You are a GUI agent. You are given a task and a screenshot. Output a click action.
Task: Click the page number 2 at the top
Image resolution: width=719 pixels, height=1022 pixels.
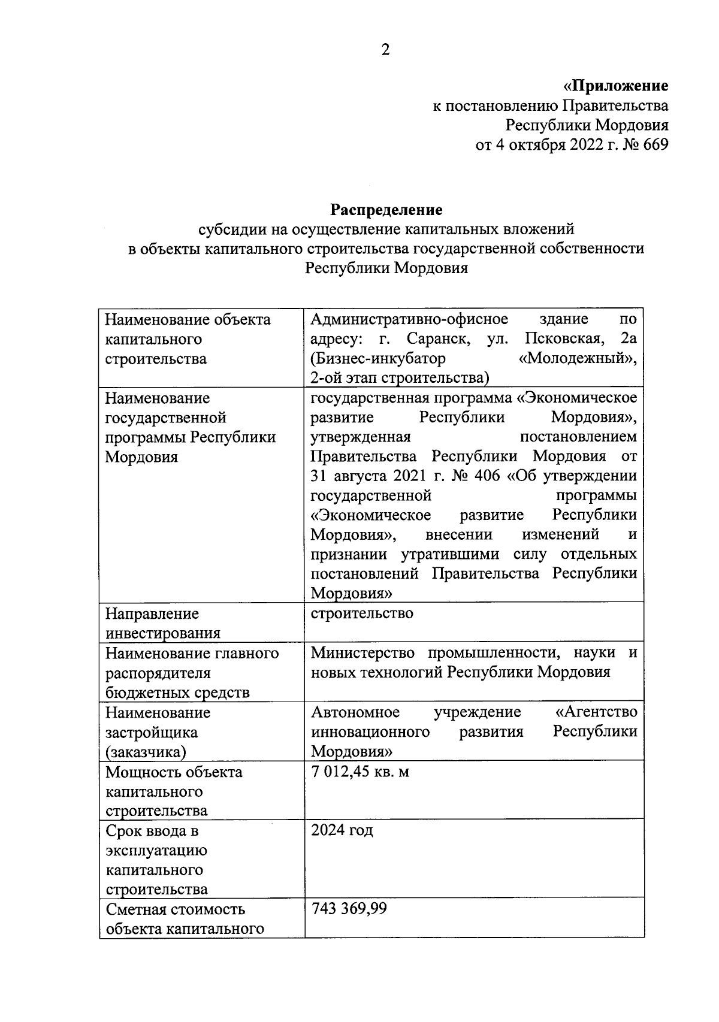[x=385, y=50]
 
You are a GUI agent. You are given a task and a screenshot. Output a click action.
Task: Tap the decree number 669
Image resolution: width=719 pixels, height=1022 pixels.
[x=655, y=145]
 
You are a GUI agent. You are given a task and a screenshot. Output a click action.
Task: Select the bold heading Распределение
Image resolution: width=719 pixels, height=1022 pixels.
[x=386, y=210]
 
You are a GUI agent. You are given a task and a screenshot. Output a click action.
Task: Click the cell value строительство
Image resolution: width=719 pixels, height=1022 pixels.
[x=362, y=613]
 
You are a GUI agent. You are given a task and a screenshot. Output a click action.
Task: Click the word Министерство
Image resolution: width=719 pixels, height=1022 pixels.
[x=363, y=652]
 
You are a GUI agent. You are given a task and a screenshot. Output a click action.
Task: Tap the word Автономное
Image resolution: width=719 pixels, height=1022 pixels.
[x=355, y=712]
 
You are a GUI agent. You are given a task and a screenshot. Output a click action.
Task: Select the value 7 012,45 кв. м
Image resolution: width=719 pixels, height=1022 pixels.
[x=360, y=772]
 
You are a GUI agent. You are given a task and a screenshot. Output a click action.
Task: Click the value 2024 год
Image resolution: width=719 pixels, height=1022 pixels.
[x=342, y=830]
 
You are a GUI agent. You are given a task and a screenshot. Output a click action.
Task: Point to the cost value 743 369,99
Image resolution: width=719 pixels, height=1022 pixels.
[x=349, y=909]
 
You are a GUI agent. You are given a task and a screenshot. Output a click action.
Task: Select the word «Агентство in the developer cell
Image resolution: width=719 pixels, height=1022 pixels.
[x=596, y=712]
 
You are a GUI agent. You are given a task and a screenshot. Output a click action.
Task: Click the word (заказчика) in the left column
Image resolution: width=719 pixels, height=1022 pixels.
[x=146, y=752]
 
